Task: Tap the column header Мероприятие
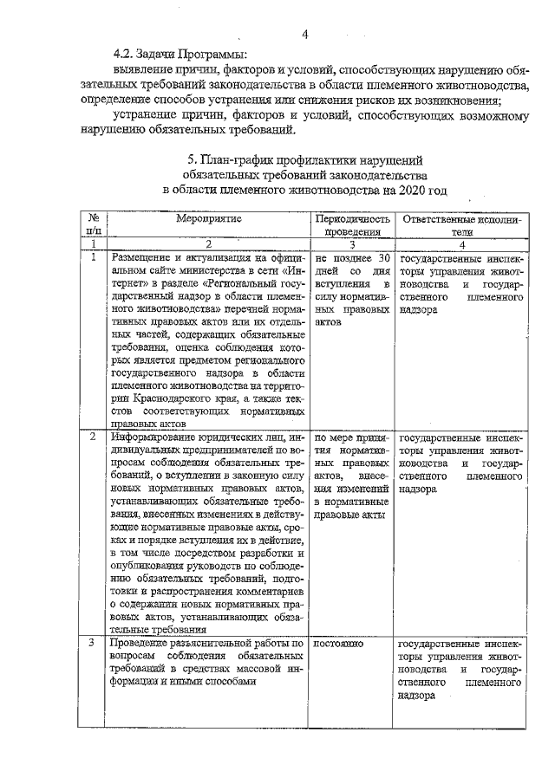[x=208, y=219]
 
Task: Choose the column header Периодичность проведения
[x=352, y=225]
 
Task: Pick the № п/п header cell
[x=94, y=225]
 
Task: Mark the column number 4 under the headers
[x=462, y=245]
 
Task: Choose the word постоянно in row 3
[x=338, y=645]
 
